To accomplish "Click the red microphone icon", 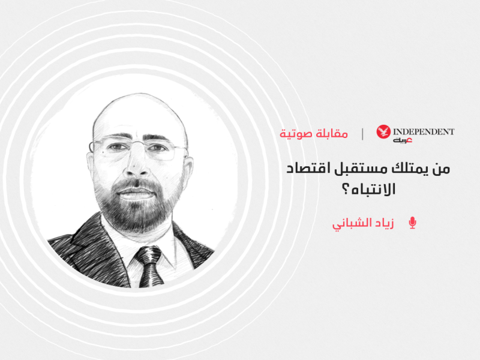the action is pos(412,223).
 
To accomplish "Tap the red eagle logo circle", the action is pos(383,131).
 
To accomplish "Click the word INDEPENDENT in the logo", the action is pos(424,131).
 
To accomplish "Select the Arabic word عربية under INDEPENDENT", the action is pos(403,140).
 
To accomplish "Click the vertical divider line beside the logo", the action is pos(362,134).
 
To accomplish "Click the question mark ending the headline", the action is pos(346,190).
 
